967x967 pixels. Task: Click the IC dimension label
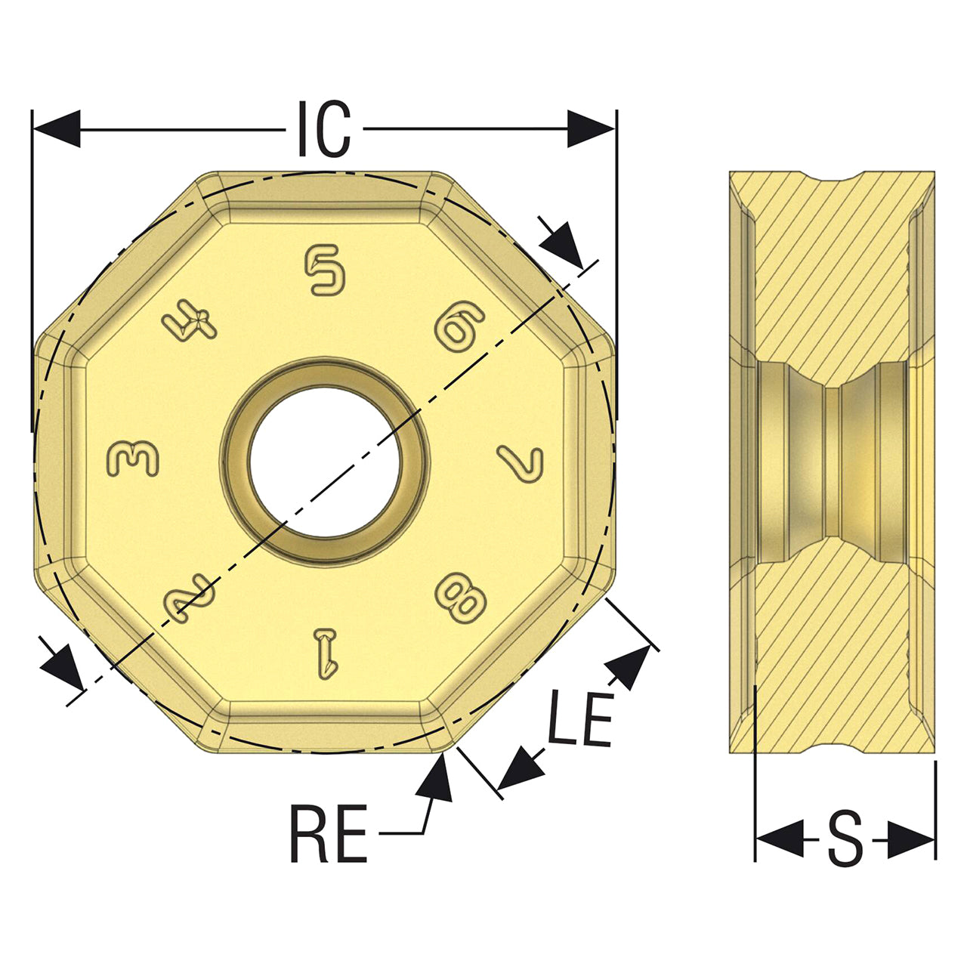coord(324,128)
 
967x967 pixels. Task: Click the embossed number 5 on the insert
coord(325,270)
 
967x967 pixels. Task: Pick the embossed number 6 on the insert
coord(459,326)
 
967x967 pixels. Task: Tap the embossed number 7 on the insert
coord(521,464)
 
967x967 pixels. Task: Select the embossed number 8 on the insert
coord(460,598)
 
